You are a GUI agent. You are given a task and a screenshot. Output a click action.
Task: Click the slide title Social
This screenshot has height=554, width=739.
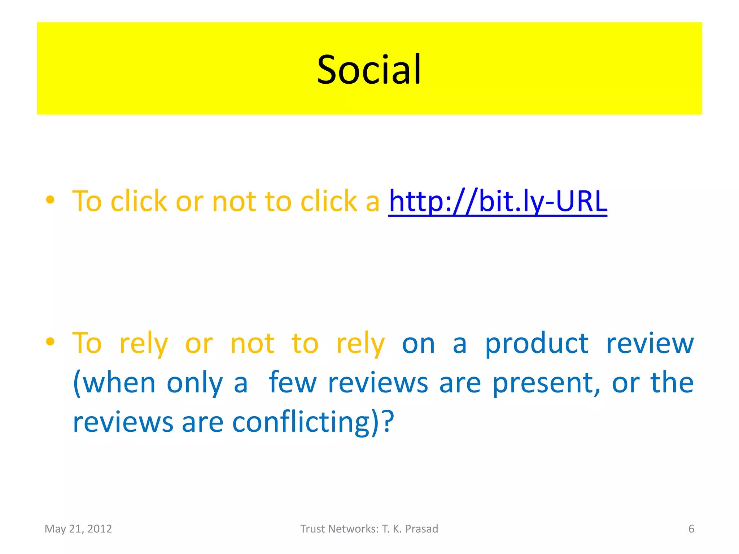369,69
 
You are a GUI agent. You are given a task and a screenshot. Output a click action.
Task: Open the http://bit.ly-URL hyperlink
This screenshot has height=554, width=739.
498,201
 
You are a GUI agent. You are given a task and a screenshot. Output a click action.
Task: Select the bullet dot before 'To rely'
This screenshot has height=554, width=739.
50,341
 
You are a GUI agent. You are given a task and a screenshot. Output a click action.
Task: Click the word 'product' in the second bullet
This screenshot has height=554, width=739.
537,344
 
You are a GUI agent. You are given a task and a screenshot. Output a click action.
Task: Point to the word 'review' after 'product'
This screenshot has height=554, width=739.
650,344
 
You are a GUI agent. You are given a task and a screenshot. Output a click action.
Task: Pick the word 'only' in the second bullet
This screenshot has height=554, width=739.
195,383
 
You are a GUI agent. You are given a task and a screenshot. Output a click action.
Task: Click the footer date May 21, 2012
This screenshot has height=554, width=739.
78,529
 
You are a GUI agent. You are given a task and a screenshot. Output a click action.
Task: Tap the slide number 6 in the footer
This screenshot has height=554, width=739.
691,529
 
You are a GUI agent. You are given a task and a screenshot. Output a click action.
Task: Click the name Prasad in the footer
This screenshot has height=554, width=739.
421,529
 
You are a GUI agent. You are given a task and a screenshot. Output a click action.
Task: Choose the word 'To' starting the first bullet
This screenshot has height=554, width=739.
87,201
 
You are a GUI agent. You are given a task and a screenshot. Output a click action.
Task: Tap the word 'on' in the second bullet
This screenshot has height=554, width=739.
418,344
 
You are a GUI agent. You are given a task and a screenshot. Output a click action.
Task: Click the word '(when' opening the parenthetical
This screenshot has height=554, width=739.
114,383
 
